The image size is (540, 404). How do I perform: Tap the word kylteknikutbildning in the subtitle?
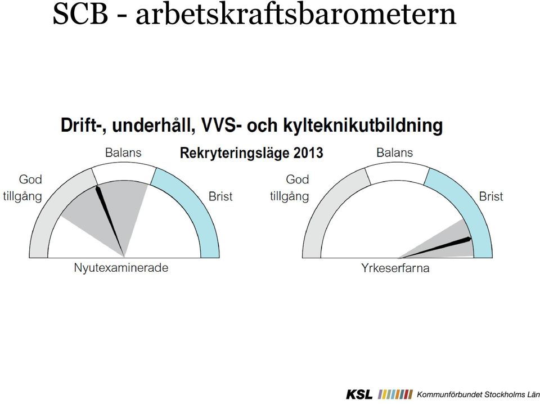(x=363, y=125)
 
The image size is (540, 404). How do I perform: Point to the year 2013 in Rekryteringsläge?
(x=308, y=152)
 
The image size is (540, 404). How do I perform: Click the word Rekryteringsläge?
(x=235, y=153)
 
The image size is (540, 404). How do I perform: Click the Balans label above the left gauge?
(x=123, y=152)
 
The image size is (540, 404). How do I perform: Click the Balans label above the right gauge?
(x=395, y=152)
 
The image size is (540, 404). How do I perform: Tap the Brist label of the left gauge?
(x=220, y=196)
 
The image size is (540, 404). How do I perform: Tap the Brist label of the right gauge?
(x=491, y=196)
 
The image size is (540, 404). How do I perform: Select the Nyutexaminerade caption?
(x=121, y=268)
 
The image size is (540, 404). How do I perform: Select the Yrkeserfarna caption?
(x=395, y=268)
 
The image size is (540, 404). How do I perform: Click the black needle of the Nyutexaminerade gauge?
(x=110, y=221)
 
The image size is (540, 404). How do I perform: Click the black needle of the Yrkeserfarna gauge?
(x=435, y=248)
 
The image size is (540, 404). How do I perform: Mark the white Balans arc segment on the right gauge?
(x=397, y=171)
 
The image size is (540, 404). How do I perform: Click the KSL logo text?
(x=359, y=394)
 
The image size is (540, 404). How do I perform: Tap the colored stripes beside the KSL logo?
(x=395, y=394)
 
